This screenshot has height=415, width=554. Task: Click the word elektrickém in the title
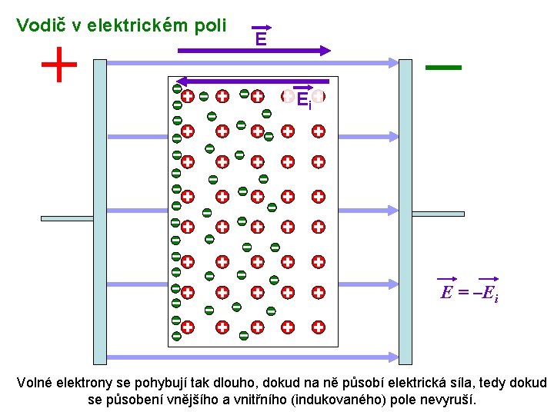[x=135, y=25]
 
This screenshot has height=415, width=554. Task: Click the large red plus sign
[x=59, y=65]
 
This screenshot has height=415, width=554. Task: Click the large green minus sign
[x=443, y=68]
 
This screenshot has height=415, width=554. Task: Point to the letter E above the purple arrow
[x=261, y=38]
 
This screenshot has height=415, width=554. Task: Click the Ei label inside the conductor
[x=303, y=99]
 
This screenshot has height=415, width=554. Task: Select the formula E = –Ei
[x=469, y=292]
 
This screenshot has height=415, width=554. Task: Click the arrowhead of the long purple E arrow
[x=325, y=51]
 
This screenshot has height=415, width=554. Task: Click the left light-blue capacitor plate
[x=99, y=211]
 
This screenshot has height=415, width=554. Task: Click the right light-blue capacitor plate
[x=405, y=211]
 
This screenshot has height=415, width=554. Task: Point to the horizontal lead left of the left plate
[x=66, y=218]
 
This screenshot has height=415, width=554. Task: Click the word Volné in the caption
[x=35, y=383]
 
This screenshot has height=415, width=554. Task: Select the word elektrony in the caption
[x=84, y=383]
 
